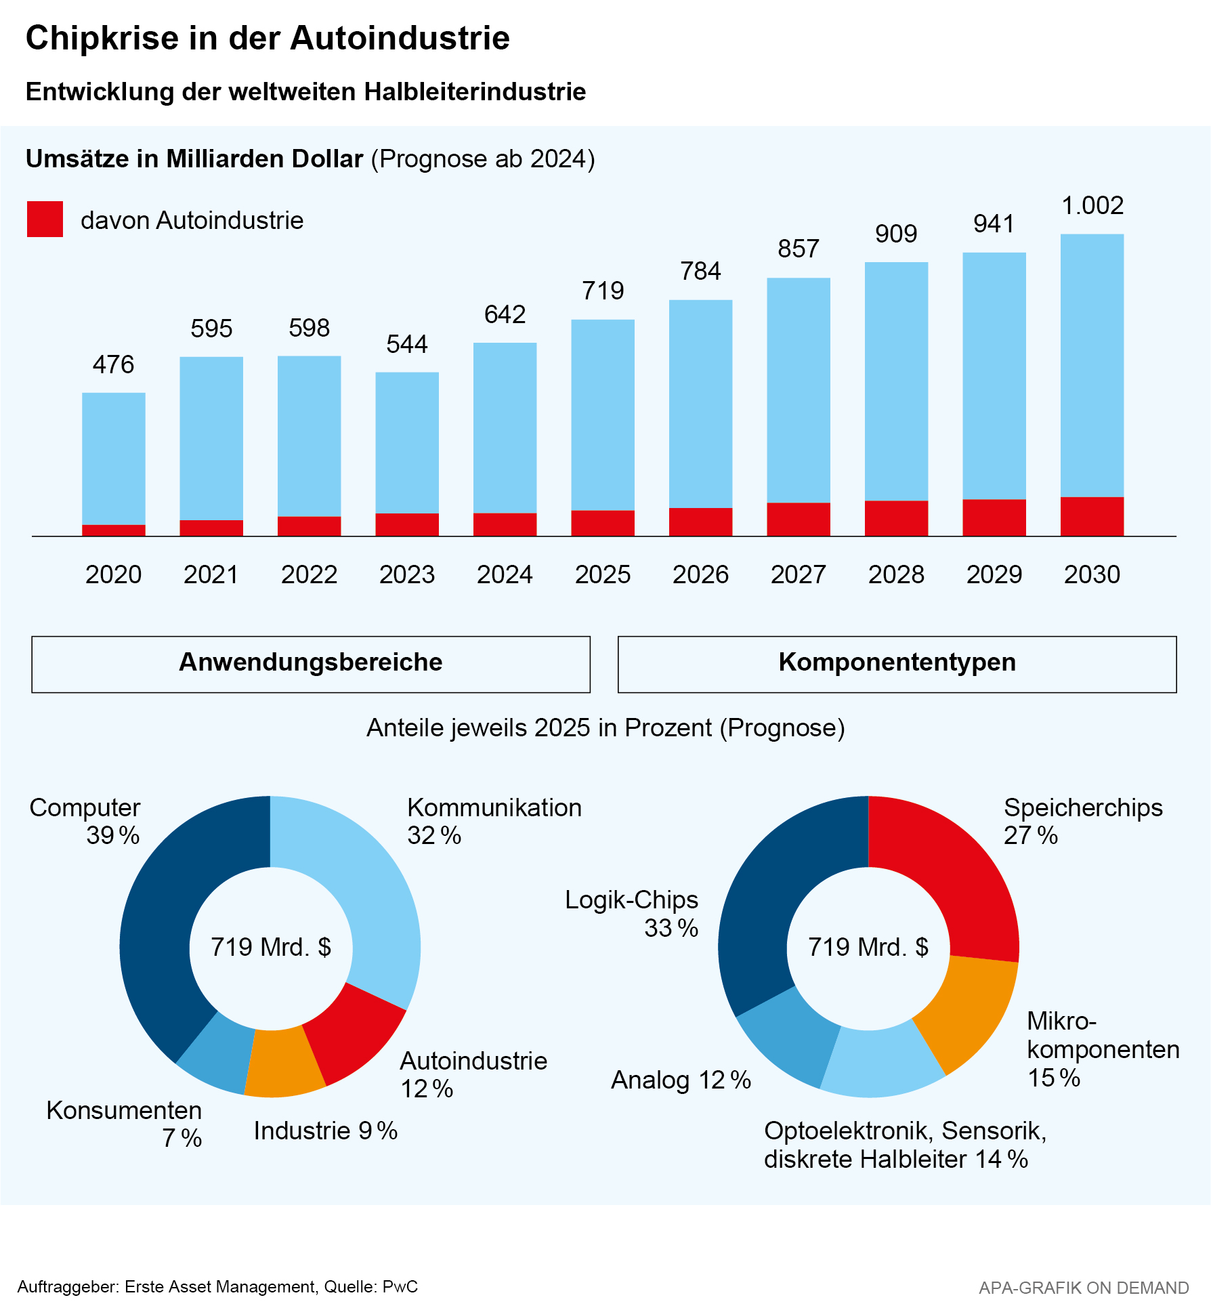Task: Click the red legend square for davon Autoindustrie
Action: [45, 219]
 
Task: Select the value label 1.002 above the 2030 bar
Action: [1092, 205]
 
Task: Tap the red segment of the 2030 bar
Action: [1092, 516]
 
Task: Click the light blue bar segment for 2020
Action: [114, 458]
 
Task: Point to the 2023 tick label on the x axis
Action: [406, 574]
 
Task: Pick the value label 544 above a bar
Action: [406, 344]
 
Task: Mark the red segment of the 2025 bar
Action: [603, 523]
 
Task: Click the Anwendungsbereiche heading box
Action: [311, 664]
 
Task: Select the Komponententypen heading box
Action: [897, 664]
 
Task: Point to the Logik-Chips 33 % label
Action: [631, 914]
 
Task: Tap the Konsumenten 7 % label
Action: [125, 1124]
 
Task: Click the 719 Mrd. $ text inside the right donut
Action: [868, 946]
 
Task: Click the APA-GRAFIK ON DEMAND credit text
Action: [1084, 1287]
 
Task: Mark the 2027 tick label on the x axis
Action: [798, 574]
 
